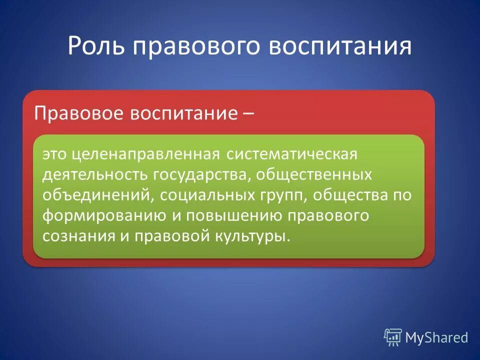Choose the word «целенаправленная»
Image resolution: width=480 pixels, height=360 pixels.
[x=145, y=154]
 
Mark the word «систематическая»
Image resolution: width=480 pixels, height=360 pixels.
[x=292, y=154]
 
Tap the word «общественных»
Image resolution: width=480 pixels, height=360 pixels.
[x=315, y=174]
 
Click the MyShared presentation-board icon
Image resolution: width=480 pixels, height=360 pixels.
[x=393, y=337]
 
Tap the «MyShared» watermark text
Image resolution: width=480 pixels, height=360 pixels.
[x=436, y=337]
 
